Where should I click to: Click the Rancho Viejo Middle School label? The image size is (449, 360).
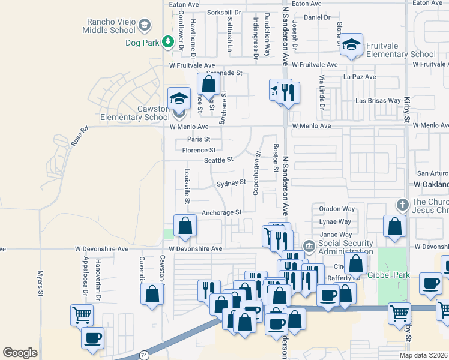tap(112, 25)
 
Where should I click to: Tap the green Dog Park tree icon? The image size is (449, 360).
tap(169, 42)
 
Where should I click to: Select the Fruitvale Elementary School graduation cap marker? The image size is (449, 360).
tap(351, 44)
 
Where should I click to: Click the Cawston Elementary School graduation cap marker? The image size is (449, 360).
tap(179, 98)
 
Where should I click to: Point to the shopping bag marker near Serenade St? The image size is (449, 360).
tap(208, 83)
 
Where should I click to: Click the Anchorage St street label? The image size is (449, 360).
tap(221, 212)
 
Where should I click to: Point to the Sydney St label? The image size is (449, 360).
tap(231, 182)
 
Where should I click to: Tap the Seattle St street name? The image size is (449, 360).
tap(218, 160)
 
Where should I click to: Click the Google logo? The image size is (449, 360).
tap(20, 353)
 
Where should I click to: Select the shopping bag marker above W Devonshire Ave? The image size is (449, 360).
tap(185, 226)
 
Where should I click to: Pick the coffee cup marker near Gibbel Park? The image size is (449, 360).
tap(430, 284)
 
